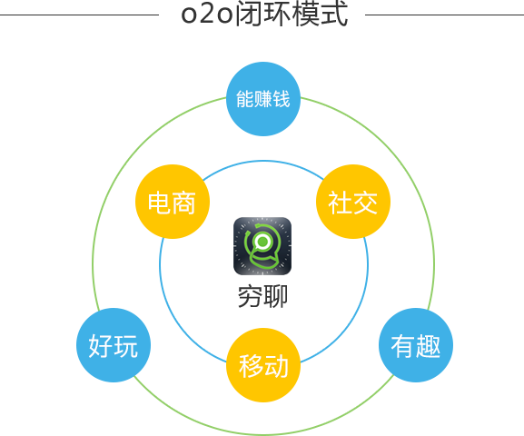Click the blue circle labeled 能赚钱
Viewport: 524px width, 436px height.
[263, 99]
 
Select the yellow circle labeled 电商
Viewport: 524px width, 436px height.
[173, 202]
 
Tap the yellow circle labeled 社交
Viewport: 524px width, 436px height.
[353, 202]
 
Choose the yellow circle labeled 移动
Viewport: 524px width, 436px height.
[263, 365]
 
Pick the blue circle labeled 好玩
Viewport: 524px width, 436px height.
[114, 345]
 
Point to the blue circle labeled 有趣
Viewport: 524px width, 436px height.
[416, 345]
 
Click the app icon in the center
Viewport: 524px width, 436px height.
[262, 246]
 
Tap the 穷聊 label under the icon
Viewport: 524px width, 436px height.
[262, 297]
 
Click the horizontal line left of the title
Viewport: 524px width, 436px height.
[79, 15]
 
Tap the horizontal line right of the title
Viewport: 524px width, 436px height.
[444, 15]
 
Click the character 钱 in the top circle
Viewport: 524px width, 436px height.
[282, 99]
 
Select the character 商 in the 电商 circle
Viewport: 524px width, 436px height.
[184, 203]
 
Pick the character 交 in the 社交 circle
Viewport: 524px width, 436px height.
[366, 203]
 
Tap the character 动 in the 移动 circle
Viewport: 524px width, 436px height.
[276, 366]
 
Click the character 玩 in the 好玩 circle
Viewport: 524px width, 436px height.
[126, 346]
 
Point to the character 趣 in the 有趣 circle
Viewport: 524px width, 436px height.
[429, 346]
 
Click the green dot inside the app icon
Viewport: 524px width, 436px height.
[262, 241]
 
